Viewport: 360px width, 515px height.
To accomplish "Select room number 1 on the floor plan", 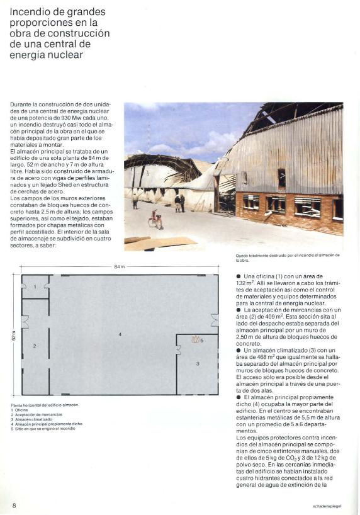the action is click(x=35, y=286).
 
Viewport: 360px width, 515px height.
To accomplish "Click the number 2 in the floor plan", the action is click(x=35, y=346).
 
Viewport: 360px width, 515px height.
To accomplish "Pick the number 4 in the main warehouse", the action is click(x=120, y=334).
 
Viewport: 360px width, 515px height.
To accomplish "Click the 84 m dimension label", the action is click(x=120, y=267).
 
